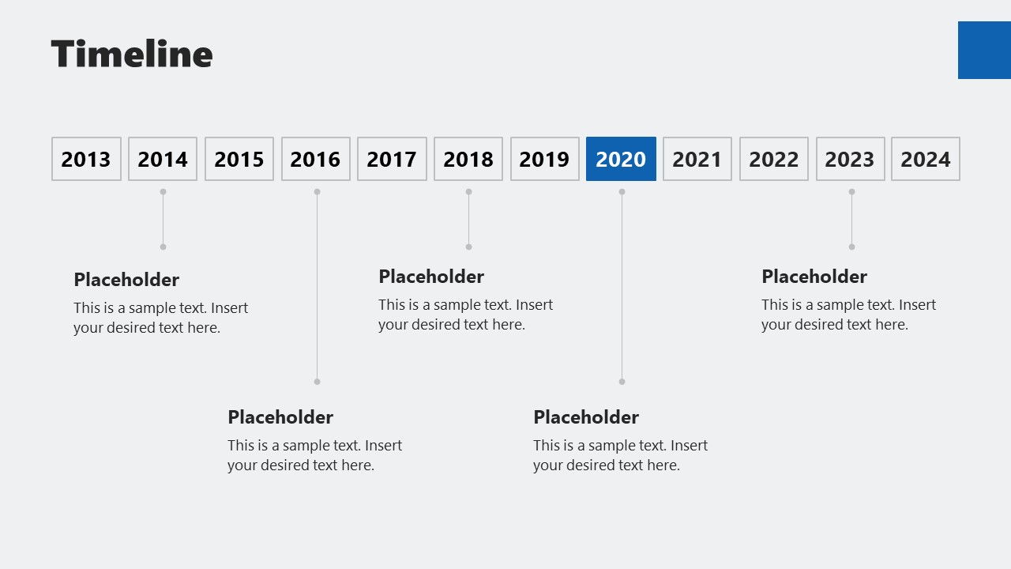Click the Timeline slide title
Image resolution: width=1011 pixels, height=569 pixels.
click(x=132, y=55)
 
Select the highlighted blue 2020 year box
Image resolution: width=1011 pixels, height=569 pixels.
click(x=621, y=159)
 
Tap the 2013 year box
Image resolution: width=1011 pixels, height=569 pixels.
click(x=86, y=159)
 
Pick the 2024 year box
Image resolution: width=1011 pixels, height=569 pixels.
click(x=926, y=159)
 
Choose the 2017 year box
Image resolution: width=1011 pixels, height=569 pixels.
click(x=392, y=159)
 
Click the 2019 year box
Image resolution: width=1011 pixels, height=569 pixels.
click(x=544, y=159)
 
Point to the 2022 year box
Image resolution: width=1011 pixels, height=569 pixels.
click(x=773, y=159)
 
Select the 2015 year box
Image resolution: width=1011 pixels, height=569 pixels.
click(x=239, y=159)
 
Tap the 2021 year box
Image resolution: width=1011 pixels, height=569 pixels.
click(x=697, y=159)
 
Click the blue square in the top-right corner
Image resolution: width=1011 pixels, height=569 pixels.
click(x=984, y=50)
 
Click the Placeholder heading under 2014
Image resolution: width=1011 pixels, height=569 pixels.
click(x=126, y=280)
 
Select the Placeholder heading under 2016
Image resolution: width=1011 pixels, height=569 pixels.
click(x=280, y=417)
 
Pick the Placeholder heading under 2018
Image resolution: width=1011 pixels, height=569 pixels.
click(x=431, y=277)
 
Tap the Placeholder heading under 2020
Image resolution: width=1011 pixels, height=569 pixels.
click(x=586, y=417)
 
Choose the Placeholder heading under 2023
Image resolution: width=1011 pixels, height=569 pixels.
click(x=814, y=277)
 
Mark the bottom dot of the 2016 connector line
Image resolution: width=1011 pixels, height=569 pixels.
click(x=317, y=382)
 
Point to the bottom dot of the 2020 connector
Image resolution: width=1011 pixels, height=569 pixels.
click(x=622, y=382)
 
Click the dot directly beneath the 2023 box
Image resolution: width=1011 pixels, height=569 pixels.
click(x=851, y=191)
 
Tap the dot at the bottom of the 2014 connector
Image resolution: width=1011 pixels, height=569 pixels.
click(x=163, y=247)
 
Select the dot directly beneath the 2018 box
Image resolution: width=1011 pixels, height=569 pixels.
click(x=468, y=191)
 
